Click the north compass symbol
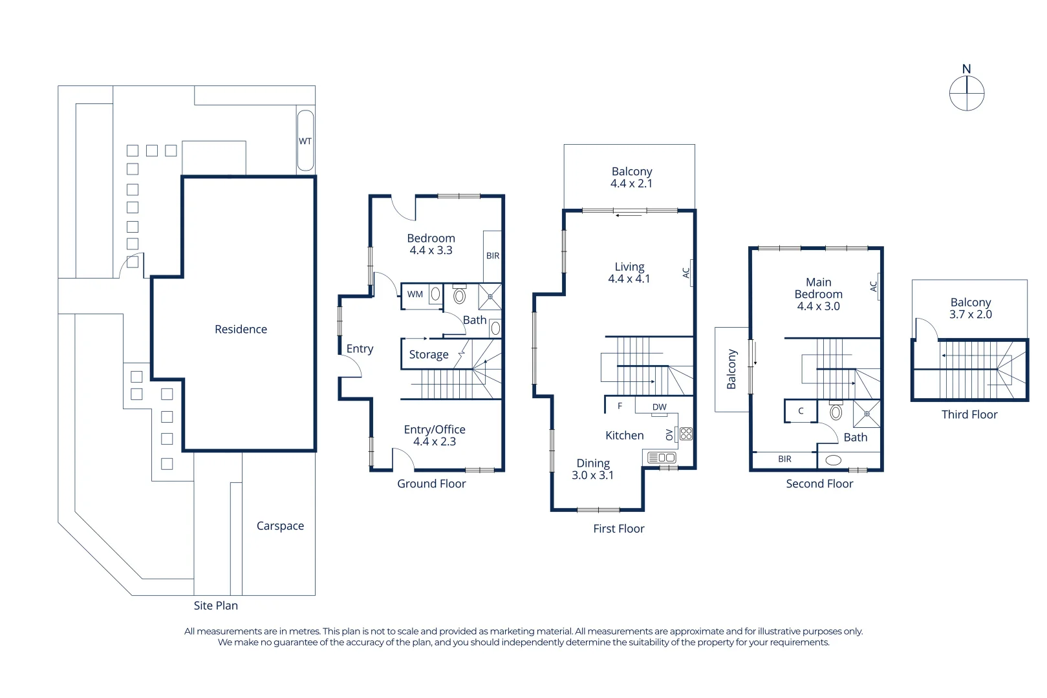pyautogui.click(x=967, y=94)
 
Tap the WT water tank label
pyautogui.click(x=305, y=141)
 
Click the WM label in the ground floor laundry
pyautogui.click(x=415, y=294)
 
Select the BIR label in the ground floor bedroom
pyautogui.click(x=493, y=255)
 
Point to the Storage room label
pyautogui.click(x=429, y=355)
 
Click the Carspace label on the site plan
pyautogui.click(x=280, y=526)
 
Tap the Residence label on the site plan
pyautogui.click(x=241, y=330)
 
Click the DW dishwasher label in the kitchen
pyautogui.click(x=659, y=407)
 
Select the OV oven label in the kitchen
pyautogui.click(x=669, y=435)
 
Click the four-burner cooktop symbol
pyautogui.click(x=685, y=434)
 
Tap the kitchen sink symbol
pyautogui.click(x=662, y=458)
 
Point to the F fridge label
pyautogui.click(x=620, y=406)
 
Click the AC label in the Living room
pyautogui.click(x=686, y=273)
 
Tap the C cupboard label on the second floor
pyautogui.click(x=801, y=411)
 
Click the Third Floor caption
pyautogui.click(x=969, y=414)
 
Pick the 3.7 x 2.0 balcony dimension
pyautogui.click(x=970, y=315)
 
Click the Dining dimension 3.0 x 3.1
pyautogui.click(x=592, y=475)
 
